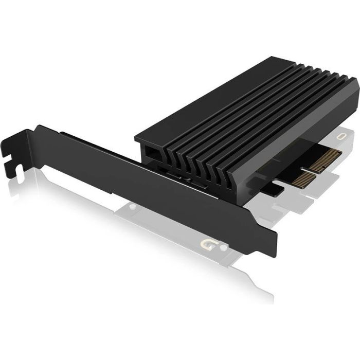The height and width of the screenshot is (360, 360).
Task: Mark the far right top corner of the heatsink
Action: coord(356,78)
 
